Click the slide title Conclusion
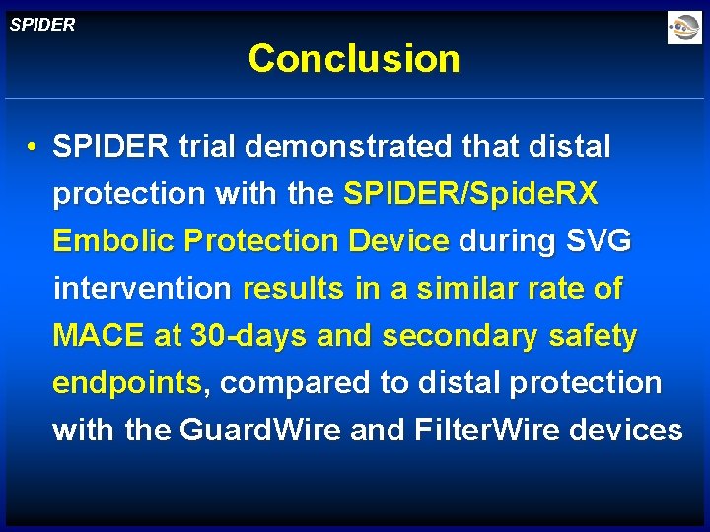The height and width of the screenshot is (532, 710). (354, 59)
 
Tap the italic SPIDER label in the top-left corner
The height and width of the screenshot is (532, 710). (42, 25)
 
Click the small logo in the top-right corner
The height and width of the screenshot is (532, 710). (683, 28)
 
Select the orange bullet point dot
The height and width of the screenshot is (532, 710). (33, 148)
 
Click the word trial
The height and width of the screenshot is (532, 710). (207, 147)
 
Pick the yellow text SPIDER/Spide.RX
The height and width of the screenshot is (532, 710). (470, 194)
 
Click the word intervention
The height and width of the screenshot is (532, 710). (142, 289)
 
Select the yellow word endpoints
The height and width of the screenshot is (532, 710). (127, 383)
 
